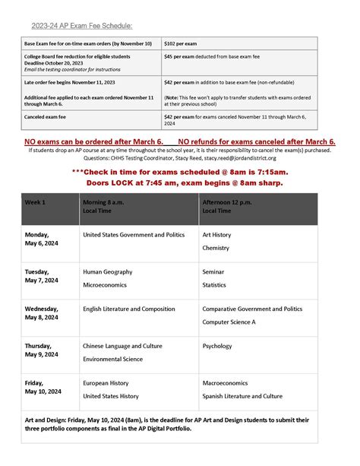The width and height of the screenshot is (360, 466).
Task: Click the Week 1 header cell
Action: click(36, 202)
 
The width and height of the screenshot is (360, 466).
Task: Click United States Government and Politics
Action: click(134, 235)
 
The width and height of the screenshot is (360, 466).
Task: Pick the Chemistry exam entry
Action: click(216, 249)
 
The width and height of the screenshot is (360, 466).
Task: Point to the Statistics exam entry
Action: click(215, 285)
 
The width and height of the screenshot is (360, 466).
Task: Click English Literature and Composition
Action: click(128, 309)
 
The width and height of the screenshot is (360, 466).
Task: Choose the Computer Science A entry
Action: click(229, 322)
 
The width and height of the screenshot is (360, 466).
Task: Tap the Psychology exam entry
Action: click(217, 346)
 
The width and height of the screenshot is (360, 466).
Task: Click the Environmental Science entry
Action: click(112, 359)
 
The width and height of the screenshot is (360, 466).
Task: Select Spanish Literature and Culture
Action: click(242, 396)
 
